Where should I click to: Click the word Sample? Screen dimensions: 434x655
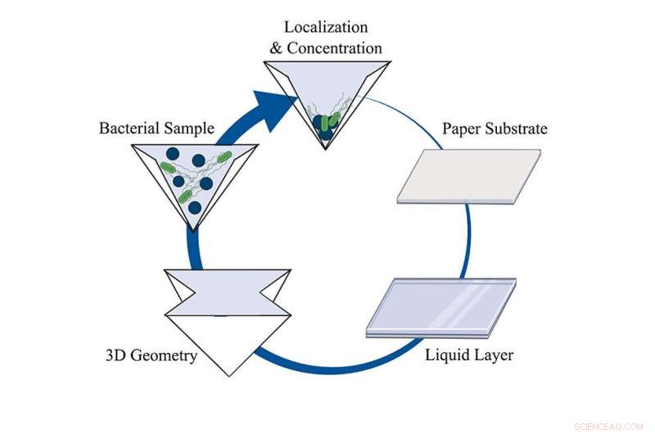(x=189, y=129)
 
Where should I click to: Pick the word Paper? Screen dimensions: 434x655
(x=463, y=129)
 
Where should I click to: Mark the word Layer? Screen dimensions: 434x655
(x=494, y=356)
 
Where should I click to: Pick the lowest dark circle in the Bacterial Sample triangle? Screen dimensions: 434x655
(x=194, y=207)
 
